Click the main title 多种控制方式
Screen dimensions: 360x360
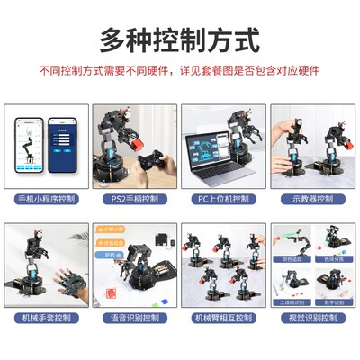click(x=179, y=40)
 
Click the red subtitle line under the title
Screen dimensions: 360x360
click(x=179, y=70)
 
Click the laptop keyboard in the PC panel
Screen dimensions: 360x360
click(x=216, y=178)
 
